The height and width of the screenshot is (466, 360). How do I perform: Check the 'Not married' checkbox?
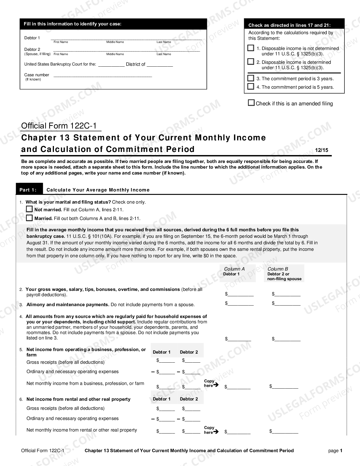(29, 209)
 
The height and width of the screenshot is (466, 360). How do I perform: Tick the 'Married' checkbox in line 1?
(29, 218)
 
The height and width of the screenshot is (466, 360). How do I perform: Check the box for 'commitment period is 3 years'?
(251, 78)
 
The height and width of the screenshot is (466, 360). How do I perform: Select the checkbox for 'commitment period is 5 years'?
(251, 87)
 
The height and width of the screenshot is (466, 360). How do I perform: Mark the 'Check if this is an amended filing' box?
(251, 103)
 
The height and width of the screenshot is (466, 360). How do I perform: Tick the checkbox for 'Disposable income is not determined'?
(251, 48)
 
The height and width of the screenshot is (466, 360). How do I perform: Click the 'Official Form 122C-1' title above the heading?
(60, 126)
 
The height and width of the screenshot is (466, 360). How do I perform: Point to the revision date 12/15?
(322, 150)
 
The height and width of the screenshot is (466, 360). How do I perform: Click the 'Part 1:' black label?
(28, 190)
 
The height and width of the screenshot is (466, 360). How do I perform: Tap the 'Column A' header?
(234, 269)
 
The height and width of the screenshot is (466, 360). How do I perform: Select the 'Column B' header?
(278, 269)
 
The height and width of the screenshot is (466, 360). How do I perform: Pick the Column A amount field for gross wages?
(241, 294)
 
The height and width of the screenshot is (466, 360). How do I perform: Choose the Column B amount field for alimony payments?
(287, 304)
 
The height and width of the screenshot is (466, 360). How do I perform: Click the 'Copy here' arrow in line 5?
(216, 385)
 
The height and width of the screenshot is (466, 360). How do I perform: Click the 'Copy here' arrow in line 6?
(216, 432)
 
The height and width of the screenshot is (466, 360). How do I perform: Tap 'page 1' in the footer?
(335, 451)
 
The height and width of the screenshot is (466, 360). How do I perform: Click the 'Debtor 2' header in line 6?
(189, 399)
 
